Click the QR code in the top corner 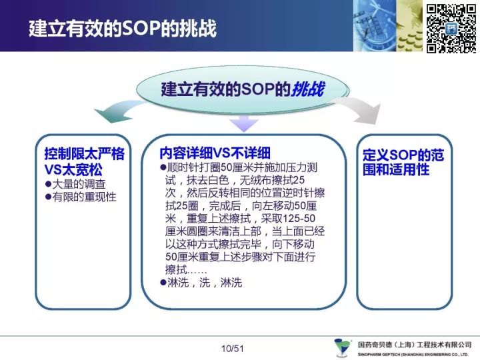[x=451, y=29]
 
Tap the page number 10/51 [x=233, y=349]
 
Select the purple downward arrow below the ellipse [x=244, y=123]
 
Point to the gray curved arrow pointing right [x=361, y=110]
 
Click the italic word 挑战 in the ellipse [x=307, y=90]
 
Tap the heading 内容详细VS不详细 [x=215, y=153]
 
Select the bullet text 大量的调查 [x=79, y=184]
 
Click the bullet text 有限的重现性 [x=84, y=197]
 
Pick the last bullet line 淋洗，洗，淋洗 [x=205, y=283]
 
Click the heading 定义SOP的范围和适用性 [x=403, y=162]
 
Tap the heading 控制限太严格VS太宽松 [x=84, y=161]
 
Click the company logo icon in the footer [x=343, y=347]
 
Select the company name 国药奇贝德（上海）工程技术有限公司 [x=415, y=345]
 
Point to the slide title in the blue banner [x=123, y=29]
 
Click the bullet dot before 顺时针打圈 [x=163, y=167]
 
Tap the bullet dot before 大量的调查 [x=48, y=184]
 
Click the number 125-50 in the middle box [x=299, y=219]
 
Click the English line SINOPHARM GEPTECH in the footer [x=413, y=355]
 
